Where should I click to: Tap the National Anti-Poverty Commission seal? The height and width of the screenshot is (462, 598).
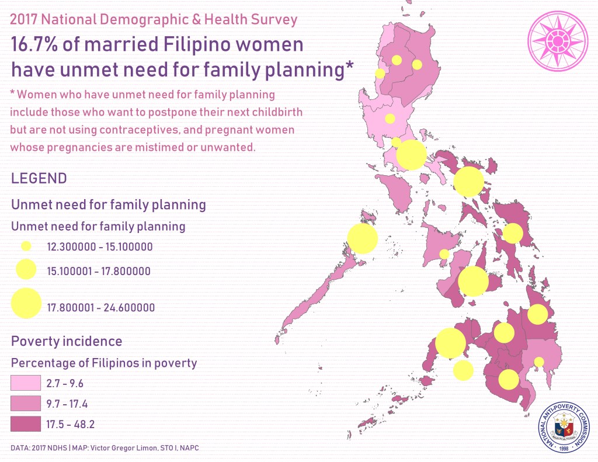(564, 427)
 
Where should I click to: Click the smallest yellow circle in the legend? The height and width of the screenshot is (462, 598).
(26, 246)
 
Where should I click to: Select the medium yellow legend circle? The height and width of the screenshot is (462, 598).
(26, 269)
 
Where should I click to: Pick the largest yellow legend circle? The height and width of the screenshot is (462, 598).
(26, 303)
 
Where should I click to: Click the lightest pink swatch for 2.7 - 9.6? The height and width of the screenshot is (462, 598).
(26, 383)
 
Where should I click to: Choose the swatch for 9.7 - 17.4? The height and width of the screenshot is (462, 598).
(26, 403)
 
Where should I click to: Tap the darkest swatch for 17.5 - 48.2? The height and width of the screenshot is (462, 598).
(26, 424)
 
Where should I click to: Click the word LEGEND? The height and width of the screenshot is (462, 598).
(39, 179)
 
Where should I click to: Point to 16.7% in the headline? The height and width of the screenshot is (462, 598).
(34, 44)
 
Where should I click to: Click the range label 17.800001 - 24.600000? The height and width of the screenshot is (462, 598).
(100, 307)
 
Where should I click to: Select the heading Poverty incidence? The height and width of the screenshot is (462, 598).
(67, 341)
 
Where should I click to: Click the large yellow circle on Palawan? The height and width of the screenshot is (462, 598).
(362, 238)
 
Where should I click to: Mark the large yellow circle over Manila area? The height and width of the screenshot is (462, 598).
(411, 155)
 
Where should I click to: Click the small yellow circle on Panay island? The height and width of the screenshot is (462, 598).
(444, 254)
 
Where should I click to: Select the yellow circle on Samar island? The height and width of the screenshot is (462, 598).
(513, 233)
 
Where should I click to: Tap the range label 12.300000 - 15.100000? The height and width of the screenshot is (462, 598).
(99, 247)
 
